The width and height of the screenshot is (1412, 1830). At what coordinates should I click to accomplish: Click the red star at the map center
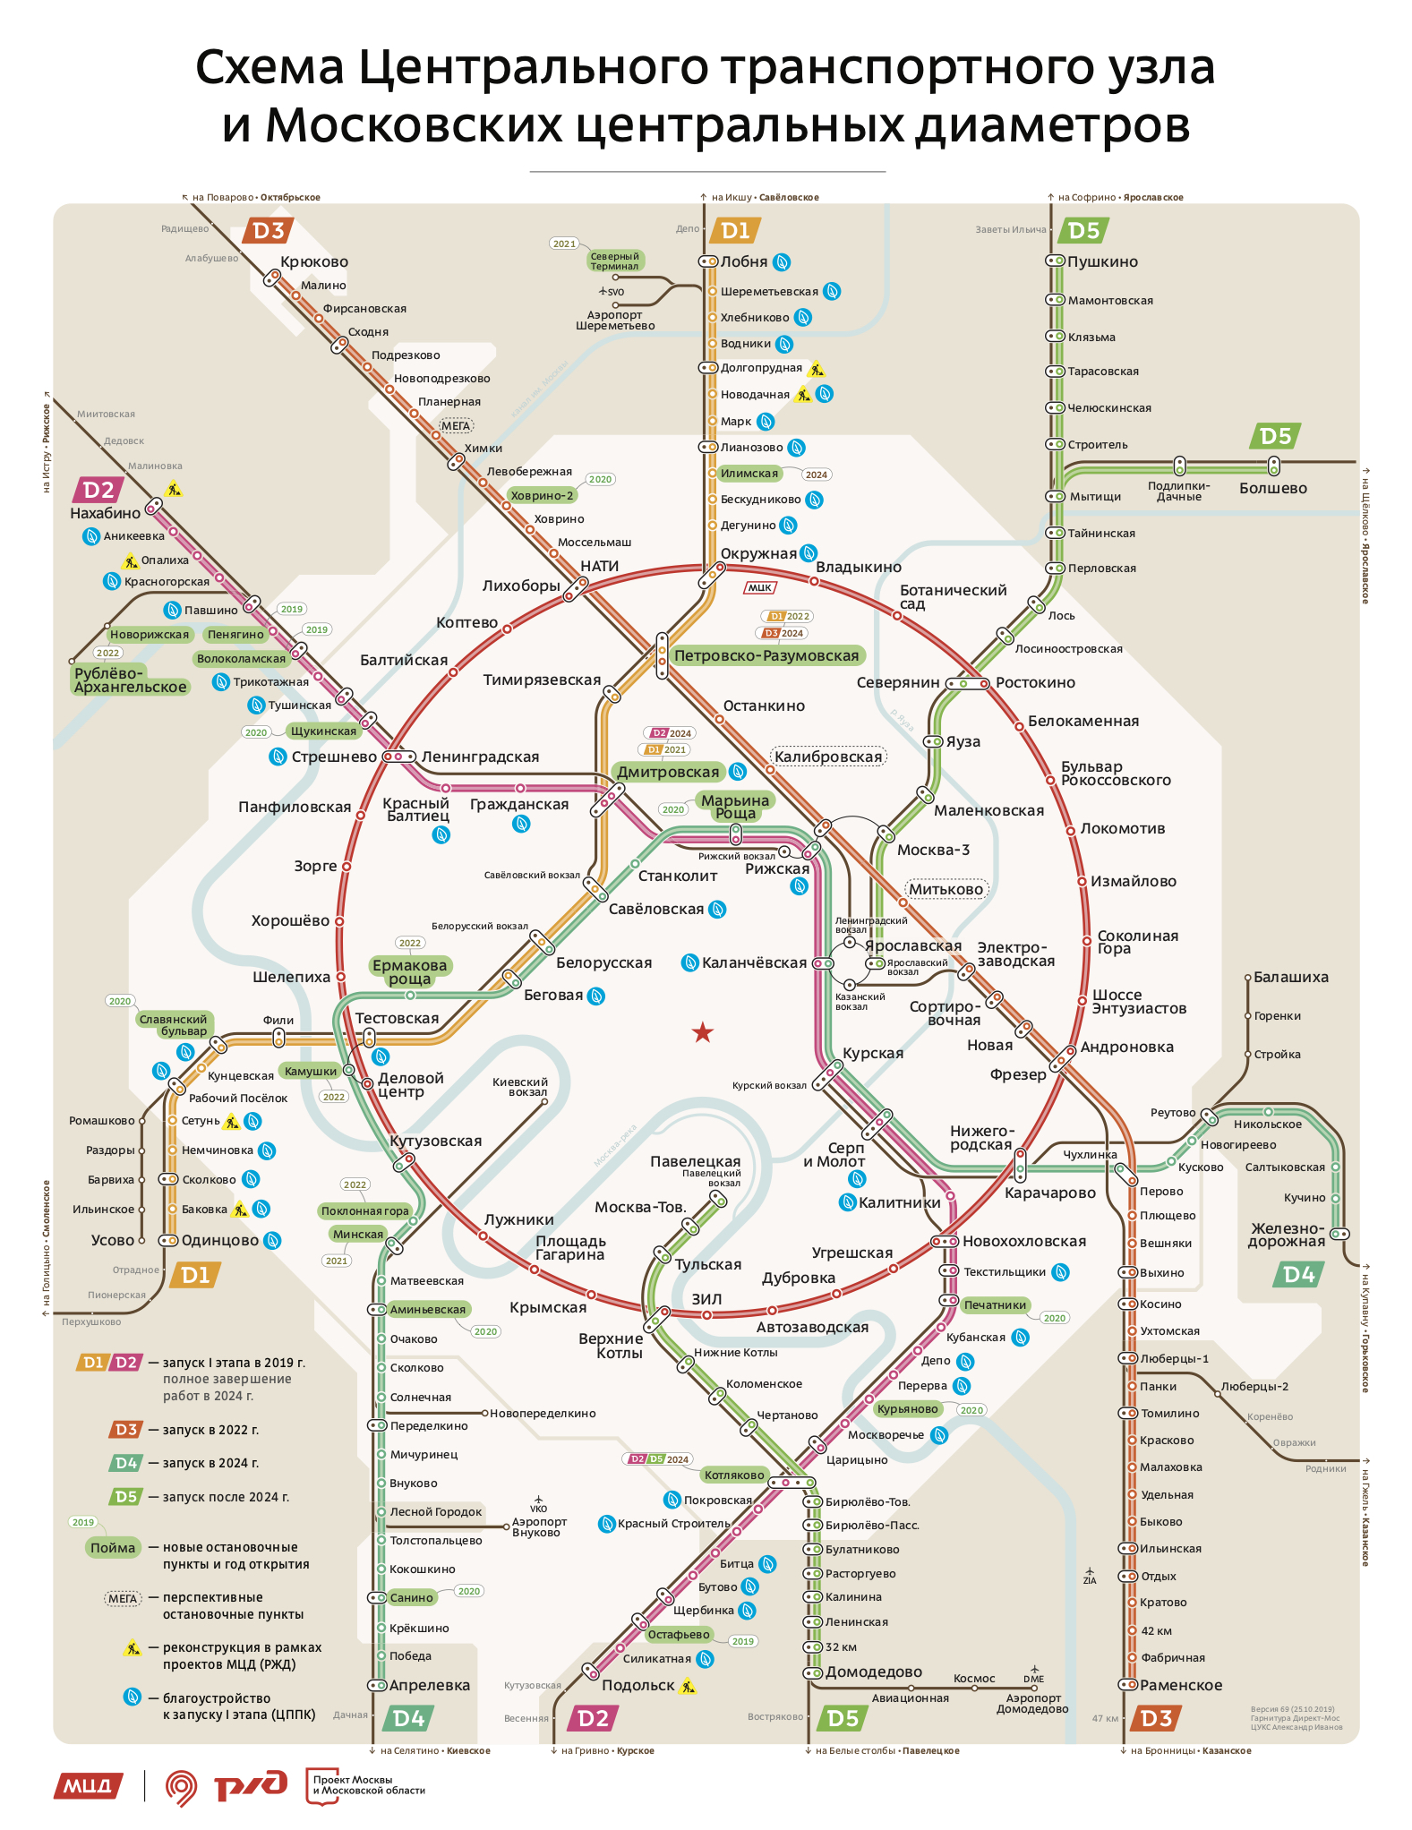(x=703, y=1033)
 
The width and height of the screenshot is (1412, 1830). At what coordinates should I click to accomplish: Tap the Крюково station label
(x=314, y=262)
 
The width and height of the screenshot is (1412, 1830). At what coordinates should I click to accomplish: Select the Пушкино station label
(x=1102, y=262)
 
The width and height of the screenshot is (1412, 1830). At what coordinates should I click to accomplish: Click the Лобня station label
(x=744, y=262)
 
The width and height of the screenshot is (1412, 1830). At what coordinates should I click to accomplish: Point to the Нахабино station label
(x=106, y=514)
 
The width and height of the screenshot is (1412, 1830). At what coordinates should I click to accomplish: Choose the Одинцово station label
(x=220, y=1241)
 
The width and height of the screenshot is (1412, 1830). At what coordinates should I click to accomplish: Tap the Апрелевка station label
(x=430, y=1686)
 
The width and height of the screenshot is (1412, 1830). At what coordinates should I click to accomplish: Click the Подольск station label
(x=638, y=1686)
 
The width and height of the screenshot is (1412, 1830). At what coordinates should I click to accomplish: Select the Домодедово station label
(x=874, y=1672)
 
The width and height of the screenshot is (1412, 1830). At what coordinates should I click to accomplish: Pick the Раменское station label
(x=1181, y=1686)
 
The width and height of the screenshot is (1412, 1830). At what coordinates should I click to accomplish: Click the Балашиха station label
(x=1291, y=978)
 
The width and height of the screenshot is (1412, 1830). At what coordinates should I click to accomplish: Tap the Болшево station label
(x=1273, y=489)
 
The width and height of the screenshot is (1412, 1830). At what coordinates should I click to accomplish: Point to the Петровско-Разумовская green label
(x=766, y=656)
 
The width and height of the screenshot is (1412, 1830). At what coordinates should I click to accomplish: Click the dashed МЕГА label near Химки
(x=456, y=426)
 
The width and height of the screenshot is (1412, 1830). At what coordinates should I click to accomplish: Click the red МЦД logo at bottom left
(x=88, y=1786)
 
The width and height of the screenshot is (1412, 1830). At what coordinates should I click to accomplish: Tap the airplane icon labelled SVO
(x=604, y=291)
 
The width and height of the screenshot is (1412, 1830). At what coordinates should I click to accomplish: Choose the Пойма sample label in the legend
(x=113, y=1548)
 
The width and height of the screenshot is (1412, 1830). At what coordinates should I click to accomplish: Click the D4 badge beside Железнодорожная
(x=1298, y=1275)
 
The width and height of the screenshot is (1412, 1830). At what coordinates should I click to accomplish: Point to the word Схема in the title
(x=270, y=68)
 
